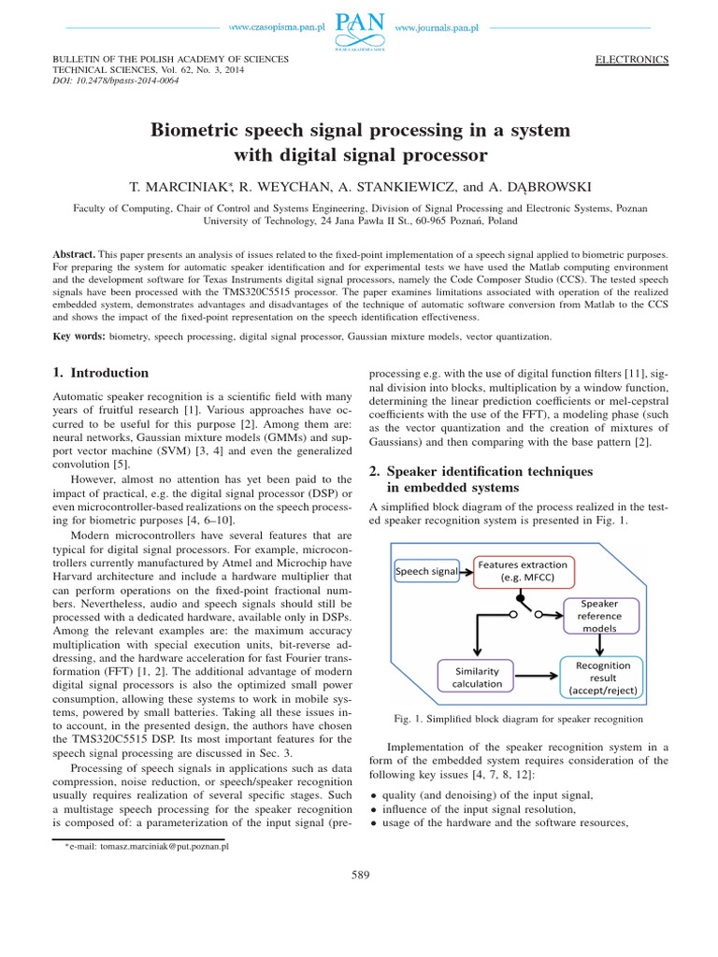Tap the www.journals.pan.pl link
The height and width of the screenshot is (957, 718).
[437, 28]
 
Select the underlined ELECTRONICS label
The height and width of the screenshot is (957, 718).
[632, 60]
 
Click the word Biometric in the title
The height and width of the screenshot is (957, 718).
[198, 130]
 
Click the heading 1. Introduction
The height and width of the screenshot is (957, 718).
[102, 373]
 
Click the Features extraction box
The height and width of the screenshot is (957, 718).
[523, 570]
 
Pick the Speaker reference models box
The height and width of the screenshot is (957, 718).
[599, 616]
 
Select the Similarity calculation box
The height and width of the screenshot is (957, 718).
[477, 677]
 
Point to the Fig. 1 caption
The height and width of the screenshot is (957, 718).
[520, 719]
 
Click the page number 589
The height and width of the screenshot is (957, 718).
[359, 875]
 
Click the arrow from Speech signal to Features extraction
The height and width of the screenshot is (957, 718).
[465, 570]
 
